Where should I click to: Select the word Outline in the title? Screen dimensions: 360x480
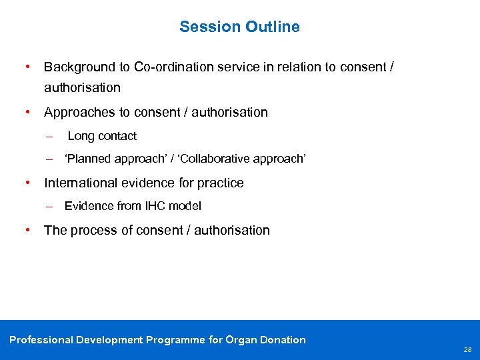coord(273,27)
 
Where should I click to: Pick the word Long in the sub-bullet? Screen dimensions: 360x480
coord(81,136)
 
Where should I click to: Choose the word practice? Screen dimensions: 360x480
coord(219,183)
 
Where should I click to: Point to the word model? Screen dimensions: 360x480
coord(186,206)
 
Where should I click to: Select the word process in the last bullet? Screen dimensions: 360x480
coord(92,230)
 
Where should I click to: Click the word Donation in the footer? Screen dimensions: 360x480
coord(283,340)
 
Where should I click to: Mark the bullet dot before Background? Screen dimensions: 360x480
coord(27,67)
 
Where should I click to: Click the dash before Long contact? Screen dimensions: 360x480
coord(49,136)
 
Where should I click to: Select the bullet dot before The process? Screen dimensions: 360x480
coord(27,230)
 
